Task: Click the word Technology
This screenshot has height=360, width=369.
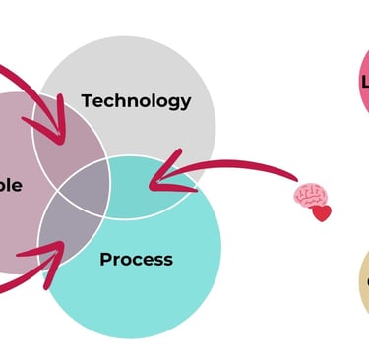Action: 136,100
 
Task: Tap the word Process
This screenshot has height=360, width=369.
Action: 136,260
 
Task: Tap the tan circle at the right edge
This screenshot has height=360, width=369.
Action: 363,284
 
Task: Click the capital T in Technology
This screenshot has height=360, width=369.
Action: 87,100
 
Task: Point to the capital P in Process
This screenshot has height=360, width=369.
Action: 105,260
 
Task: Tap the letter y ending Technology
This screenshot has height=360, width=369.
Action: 185,103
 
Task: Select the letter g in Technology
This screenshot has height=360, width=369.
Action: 173,103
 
